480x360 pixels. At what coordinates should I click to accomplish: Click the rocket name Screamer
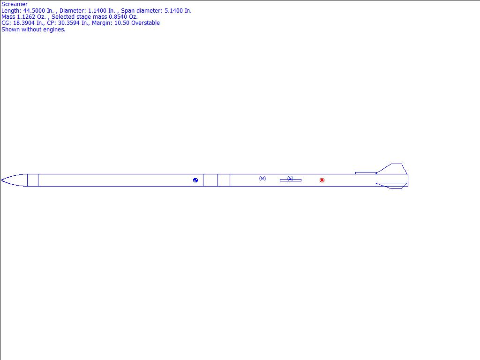click(15, 4)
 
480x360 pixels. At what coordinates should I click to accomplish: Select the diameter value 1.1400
click(97, 11)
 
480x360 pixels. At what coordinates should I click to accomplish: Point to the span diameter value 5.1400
click(173, 11)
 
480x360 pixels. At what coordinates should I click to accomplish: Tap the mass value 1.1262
click(26, 17)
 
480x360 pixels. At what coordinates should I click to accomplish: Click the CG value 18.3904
click(24, 23)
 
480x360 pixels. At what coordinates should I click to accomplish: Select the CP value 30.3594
click(69, 23)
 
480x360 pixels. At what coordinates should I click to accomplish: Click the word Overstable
click(145, 23)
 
